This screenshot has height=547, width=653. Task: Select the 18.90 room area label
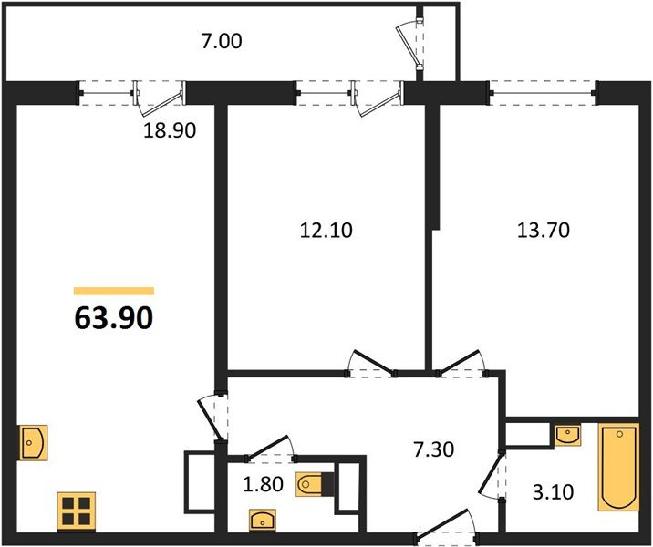point(170,130)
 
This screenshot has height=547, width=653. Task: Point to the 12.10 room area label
point(326,231)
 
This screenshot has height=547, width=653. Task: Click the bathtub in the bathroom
point(619,466)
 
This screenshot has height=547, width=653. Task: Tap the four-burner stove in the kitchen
point(77,510)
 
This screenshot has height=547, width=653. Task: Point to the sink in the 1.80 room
point(263,521)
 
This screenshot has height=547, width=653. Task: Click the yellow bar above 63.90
point(113,291)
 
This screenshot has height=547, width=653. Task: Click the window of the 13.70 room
point(543,89)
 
